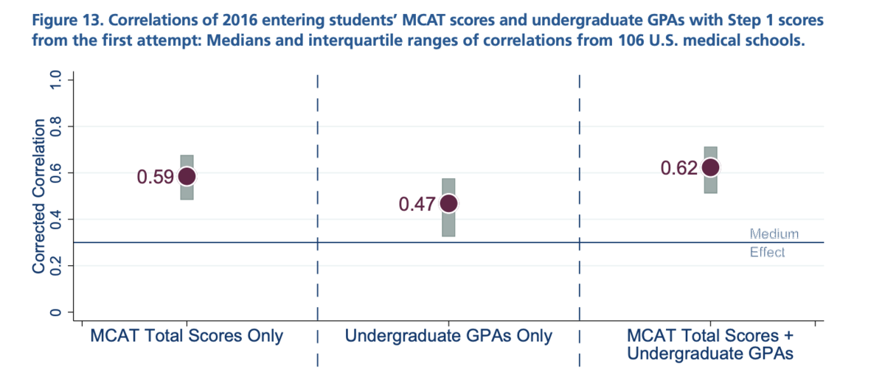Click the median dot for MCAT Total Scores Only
pyautogui.click(x=187, y=176)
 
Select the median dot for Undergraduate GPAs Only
pyautogui.click(x=448, y=203)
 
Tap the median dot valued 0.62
pyautogui.click(x=710, y=167)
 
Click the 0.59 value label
pyautogui.click(x=155, y=177)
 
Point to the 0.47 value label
pyautogui.click(x=417, y=204)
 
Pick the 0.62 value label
pyautogui.click(x=678, y=168)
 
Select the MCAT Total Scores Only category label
pyautogui.click(x=187, y=336)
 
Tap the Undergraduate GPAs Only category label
pyautogui.click(x=448, y=336)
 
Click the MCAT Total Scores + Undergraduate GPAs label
pyautogui.click(x=710, y=344)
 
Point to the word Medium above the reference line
pyautogui.click(x=774, y=234)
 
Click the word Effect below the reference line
pyautogui.click(x=768, y=252)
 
